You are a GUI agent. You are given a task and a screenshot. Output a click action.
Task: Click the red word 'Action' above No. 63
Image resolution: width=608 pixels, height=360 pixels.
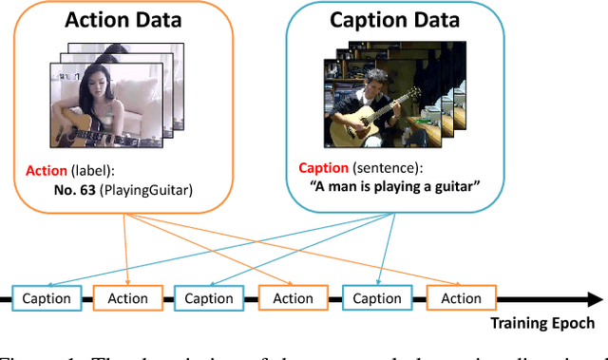click(46, 171)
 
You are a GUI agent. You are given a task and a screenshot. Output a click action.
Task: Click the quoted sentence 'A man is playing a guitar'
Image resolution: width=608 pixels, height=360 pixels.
click(394, 185)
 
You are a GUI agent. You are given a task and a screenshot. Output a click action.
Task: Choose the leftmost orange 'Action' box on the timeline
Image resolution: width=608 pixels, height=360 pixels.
click(126, 298)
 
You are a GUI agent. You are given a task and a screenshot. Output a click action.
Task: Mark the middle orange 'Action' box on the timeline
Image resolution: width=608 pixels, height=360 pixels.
click(293, 298)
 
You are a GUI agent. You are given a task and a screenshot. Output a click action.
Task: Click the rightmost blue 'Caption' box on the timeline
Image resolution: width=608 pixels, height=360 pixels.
click(376, 298)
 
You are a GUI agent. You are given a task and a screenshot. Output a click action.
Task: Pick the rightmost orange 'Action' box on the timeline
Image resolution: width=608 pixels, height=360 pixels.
click(461, 298)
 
